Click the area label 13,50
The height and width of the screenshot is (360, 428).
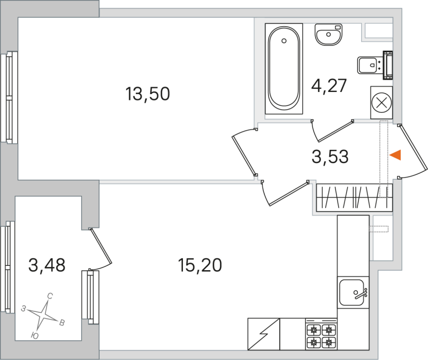(147, 95)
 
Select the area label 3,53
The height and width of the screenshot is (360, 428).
(330, 157)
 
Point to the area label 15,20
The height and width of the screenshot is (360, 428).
(200, 264)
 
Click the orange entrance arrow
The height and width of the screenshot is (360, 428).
(395, 155)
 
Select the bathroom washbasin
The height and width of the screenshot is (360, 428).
(328, 36)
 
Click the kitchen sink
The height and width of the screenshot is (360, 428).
(353, 294)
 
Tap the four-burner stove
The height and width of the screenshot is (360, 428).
(321, 335)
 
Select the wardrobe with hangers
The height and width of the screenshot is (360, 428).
(354, 197)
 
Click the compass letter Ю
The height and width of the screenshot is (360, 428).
(35, 335)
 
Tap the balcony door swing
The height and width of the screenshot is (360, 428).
(101, 249)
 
